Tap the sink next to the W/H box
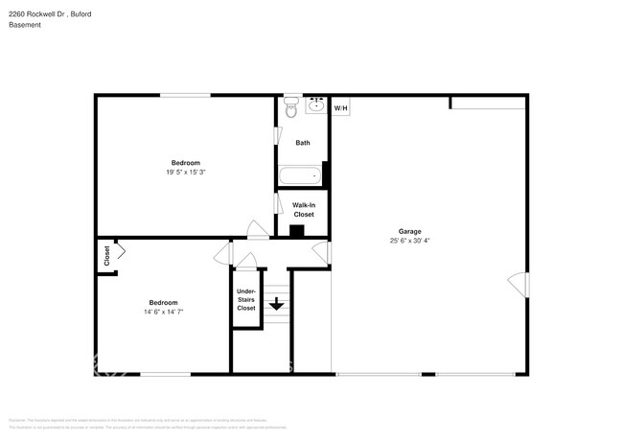click(x=316, y=105)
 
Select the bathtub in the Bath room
click(x=299, y=175)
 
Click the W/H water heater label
click(x=341, y=108)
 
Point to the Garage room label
click(x=410, y=231)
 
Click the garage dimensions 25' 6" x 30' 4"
click(x=410, y=242)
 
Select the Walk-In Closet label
click(x=303, y=209)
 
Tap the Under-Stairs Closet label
click(x=246, y=299)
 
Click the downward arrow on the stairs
click(x=276, y=305)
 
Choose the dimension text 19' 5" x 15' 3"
click(x=186, y=173)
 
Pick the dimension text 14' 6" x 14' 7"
click(x=163, y=312)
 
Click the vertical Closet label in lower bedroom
click(x=106, y=256)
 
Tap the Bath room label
click(x=303, y=143)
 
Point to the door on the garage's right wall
click(x=519, y=284)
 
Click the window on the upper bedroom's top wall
click(x=185, y=94)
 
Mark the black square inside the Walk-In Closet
click(x=297, y=230)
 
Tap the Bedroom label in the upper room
click(x=186, y=162)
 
